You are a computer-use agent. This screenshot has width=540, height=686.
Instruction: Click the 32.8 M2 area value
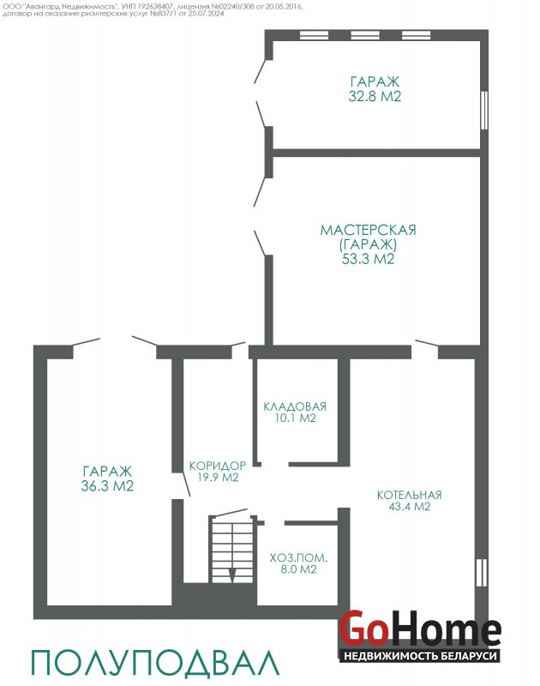(x=375, y=96)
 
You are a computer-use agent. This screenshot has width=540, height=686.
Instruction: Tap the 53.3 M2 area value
(x=369, y=259)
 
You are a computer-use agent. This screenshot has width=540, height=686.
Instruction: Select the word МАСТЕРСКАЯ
(x=369, y=230)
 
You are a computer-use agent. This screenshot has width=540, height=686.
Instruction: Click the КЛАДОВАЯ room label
(x=295, y=406)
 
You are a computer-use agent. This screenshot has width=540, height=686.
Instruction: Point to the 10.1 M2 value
(x=295, y=418)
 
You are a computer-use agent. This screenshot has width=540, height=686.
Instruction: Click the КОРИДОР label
(x=218, y=466)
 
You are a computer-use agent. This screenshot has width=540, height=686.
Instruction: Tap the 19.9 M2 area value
(x=218, y=478)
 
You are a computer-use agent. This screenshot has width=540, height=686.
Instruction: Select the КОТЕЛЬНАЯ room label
(x=409, y=496)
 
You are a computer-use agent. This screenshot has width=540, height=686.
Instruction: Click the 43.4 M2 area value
(x=410, y=507)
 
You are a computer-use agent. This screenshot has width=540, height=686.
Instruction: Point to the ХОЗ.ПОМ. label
(x=298, y=558)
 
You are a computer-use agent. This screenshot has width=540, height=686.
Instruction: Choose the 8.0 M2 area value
(x=298, y=569)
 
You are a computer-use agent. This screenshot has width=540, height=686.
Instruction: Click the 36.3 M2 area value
(x=107, y=486)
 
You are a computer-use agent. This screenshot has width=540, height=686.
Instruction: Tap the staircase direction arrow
(x=232, y=575)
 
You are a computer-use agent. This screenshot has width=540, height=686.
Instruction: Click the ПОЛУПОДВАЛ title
(x=155, y=662)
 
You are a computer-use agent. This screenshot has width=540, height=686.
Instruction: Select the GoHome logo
(x=420, y=629)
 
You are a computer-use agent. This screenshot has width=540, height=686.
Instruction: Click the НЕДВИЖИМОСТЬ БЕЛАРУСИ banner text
(x=420, y=655)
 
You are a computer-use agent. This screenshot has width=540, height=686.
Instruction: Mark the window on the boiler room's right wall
(x=482, y=573)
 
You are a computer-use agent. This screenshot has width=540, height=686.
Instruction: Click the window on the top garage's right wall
(x=484, y=110)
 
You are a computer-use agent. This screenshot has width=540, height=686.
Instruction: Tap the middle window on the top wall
(x=365, y=35)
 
